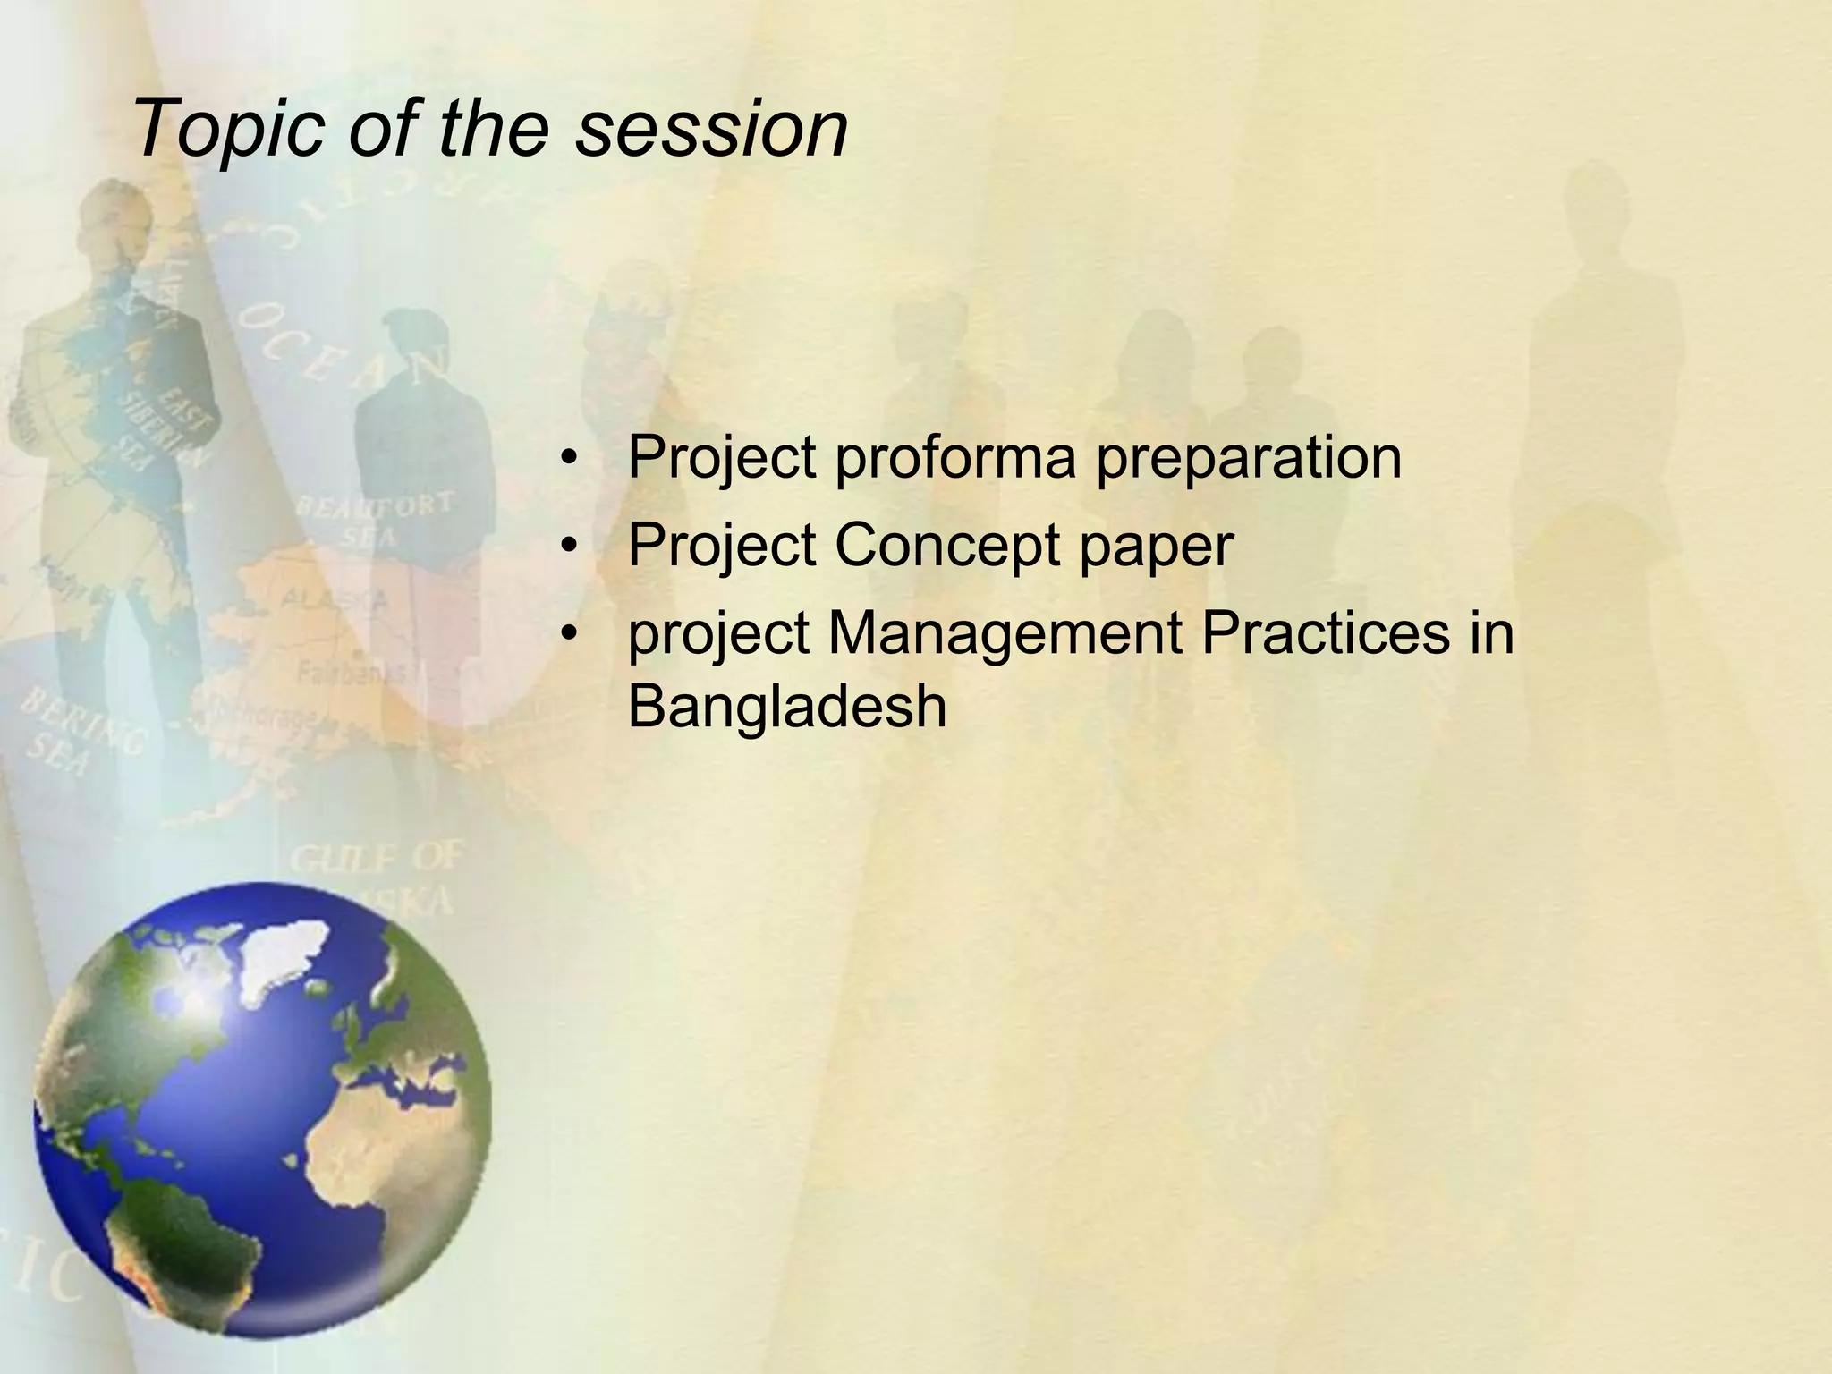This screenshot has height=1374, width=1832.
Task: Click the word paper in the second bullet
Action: point(1157,545)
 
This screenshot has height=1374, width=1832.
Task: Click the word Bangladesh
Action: point(787,707)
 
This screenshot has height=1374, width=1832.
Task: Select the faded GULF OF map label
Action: point(376,859)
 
